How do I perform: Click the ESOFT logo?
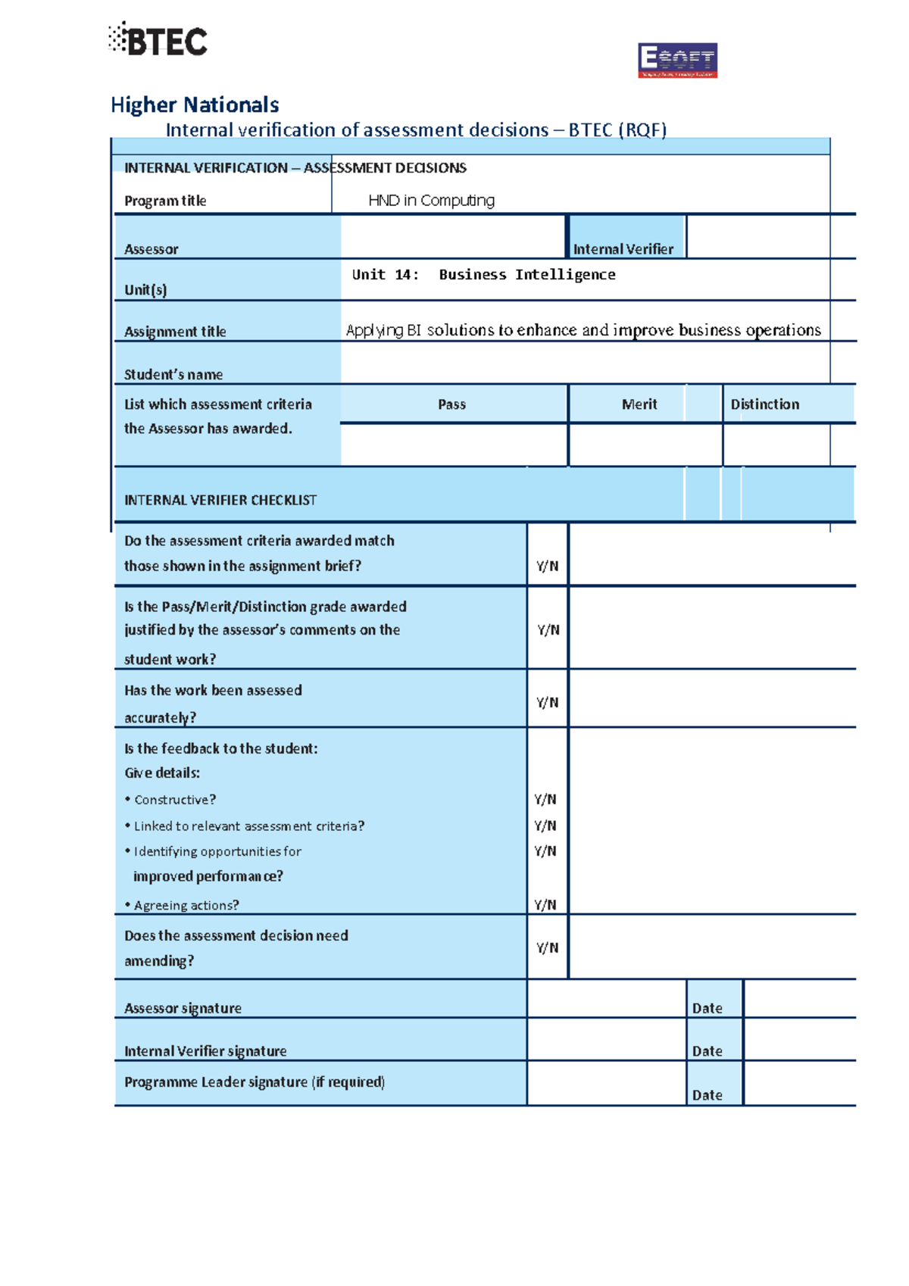coord(677,61)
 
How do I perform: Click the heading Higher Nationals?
coord(195,105)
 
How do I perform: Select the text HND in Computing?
coord(431,200)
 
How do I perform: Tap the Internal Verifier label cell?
coord(623,248)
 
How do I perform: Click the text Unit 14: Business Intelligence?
coord(483,275)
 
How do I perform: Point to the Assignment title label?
coord(175,331)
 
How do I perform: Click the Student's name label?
coord(173,374)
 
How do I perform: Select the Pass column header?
coord(452,404)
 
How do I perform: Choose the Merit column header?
coord(639,404)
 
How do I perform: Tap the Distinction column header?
coord(765,404)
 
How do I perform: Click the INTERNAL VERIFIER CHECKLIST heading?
coord(220,500)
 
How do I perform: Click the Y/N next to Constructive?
coord(545,799)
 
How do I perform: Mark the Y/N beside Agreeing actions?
coord(545,904)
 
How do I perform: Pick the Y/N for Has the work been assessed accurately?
coord(548,702)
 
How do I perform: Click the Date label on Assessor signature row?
coord(708,1008)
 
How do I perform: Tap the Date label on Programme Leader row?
coord(708,1094)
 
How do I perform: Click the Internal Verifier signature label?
coord(205,1050)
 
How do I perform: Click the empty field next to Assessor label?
coord(452,237)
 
